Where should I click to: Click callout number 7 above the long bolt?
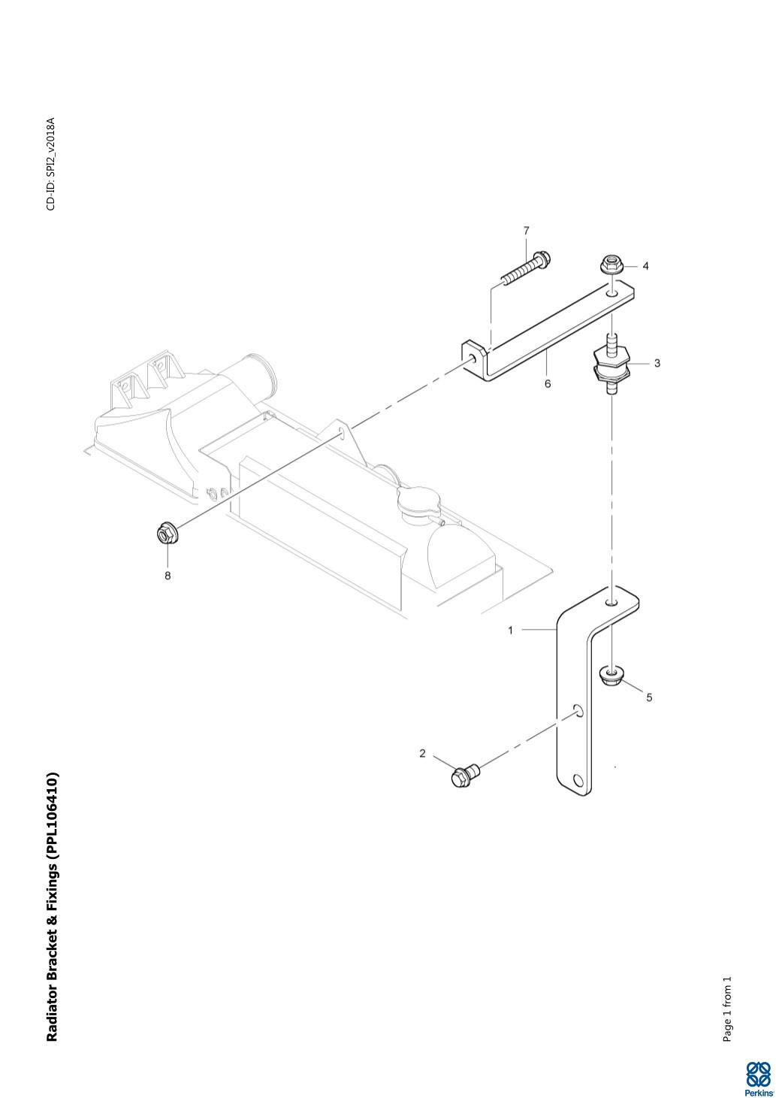(x=526, y=230)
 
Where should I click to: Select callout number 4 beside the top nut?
(x=645, y=266)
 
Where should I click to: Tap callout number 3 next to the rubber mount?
(x=657, y=363)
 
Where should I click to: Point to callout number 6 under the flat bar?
(x=548, y=383)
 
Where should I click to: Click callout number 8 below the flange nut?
(x=168, y=576)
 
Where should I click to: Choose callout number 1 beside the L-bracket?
(x=511, y=630)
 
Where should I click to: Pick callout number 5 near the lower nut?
(x=649, y=697)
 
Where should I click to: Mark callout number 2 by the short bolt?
(x=422, y=753)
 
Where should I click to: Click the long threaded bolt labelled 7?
(x=524, y=271)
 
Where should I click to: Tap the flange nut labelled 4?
(x=611, y=265)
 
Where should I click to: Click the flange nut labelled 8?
(x=166, y=534)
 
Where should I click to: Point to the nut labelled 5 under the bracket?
(x=613, y=674)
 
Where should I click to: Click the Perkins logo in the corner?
(x=757, y=1078)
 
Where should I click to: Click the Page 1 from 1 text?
(x=726, y=1009)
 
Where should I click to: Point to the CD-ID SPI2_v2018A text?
(x=51, y=164)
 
